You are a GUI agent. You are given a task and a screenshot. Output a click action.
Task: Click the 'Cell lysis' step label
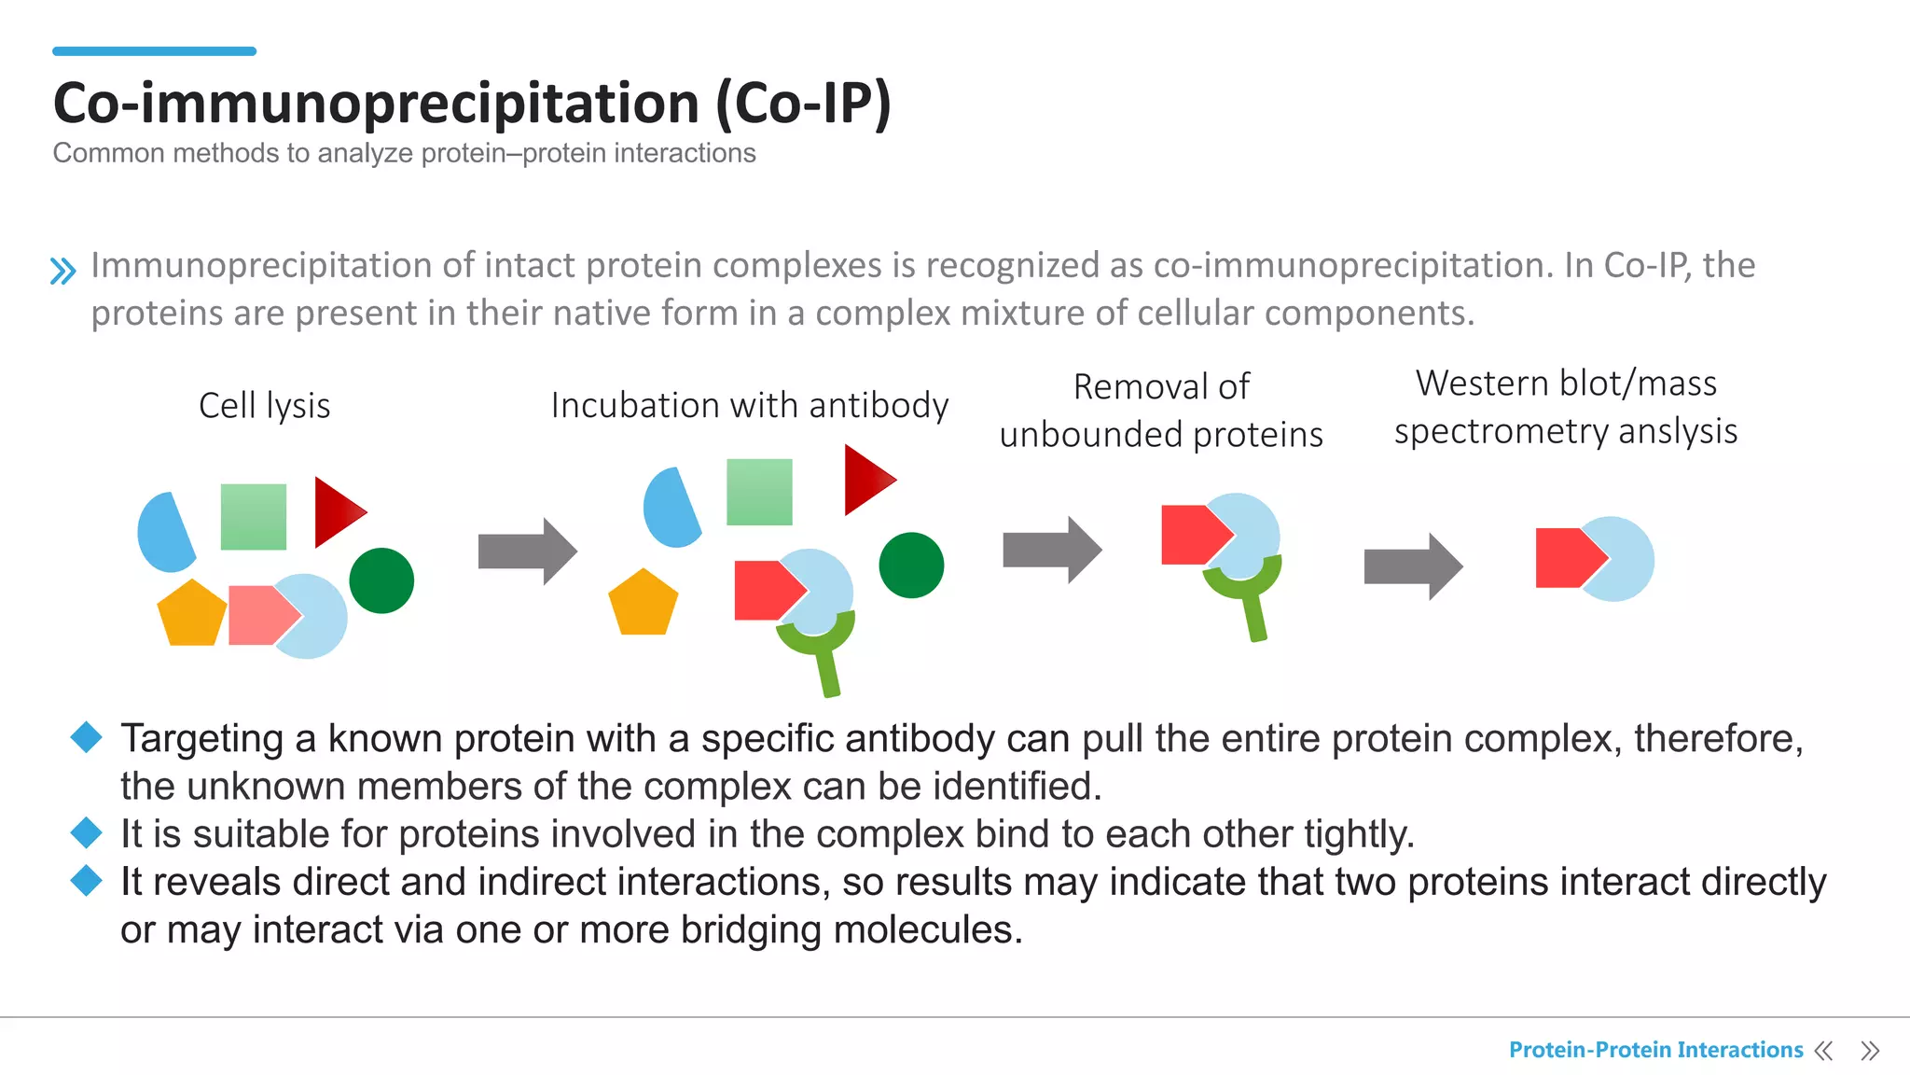point(264,406)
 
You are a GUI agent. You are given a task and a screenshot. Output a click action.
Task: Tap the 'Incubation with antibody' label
point(749,406)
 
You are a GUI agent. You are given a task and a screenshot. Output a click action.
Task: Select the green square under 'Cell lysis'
point(254,517)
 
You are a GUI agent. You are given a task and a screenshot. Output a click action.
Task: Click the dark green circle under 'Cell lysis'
point(381,580)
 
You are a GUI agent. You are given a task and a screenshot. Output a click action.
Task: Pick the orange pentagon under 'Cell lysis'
point(191,615)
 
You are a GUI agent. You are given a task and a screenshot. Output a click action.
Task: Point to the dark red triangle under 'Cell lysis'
point(335,511)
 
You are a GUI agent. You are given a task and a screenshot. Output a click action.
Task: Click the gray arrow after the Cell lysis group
point(527,551)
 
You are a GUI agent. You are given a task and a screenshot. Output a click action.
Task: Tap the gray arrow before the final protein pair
point(1412,565)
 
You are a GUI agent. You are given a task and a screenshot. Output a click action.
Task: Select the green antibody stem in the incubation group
point(828,672)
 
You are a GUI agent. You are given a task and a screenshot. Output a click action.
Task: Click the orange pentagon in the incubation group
point(643,605)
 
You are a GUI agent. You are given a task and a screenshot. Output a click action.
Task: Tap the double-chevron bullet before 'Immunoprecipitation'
point(62,271)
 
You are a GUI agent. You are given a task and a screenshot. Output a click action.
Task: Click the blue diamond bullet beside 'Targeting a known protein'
point(87,737)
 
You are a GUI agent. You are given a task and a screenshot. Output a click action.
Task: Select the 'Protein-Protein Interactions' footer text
point(1655,1050)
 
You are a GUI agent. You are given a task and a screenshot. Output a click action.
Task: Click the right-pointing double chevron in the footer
point(1869,1051)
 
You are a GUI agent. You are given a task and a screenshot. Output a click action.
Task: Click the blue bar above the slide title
point(154,51)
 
